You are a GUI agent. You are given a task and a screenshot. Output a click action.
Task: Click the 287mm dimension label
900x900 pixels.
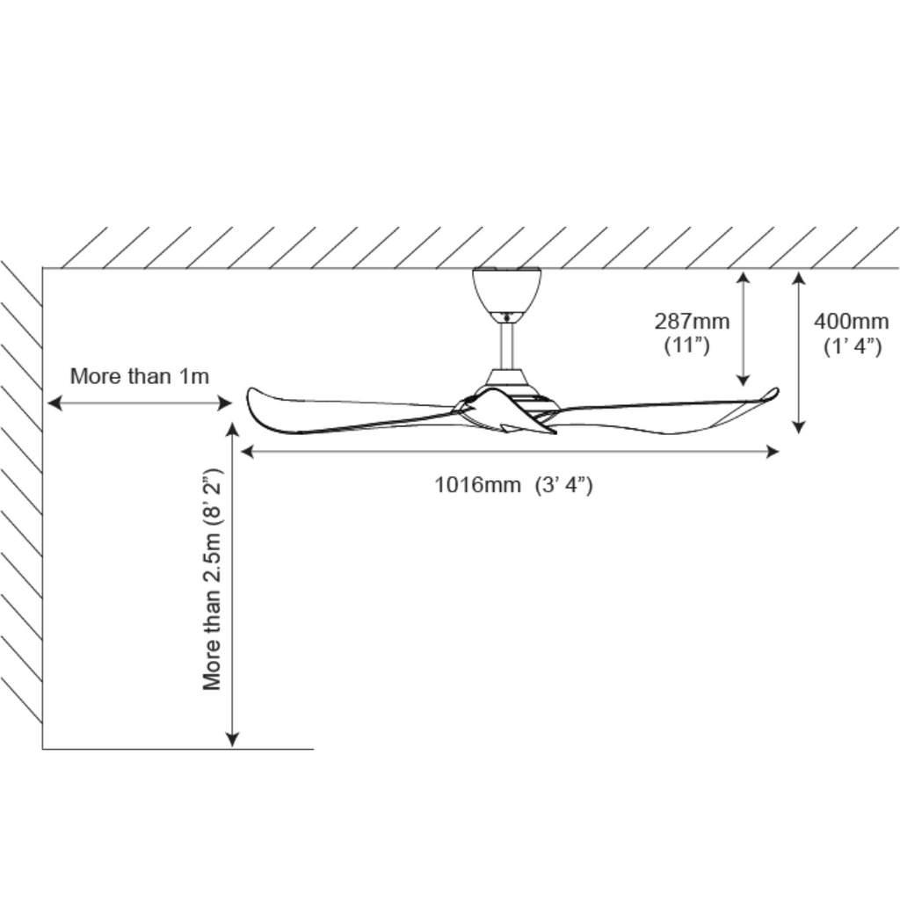[x=691, y=321]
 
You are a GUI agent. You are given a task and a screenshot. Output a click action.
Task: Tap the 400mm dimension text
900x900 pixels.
[x=851, y=321]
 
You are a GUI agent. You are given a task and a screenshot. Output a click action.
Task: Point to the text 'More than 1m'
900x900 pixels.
[x=140, y=376]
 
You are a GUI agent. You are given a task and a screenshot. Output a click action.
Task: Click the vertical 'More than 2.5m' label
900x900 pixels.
[x=213, y=580]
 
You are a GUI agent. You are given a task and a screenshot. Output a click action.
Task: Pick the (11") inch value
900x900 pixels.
[x=686, y=345]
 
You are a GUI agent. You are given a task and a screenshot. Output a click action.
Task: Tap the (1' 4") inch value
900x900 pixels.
[x=852, y=346]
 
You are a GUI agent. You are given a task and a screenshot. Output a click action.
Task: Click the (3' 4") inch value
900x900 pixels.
[x=563, y=484]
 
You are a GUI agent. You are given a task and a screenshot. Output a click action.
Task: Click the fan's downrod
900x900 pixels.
[x=507, y=345]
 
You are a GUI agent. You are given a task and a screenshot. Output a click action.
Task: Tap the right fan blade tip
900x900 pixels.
[x=773, y=393]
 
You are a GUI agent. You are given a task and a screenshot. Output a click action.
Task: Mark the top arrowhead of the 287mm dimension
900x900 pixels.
[x=743, y=278]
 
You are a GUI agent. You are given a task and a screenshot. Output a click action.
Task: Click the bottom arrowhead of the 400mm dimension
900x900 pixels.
[x=798, y=427]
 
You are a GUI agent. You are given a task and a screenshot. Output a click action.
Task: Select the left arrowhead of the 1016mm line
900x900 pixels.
[x=247, y=452]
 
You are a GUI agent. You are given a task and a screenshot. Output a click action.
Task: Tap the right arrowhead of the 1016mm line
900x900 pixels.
[x=773, y=452]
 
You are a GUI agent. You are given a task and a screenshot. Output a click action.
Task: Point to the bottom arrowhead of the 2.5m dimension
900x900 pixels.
[x=233, y=740]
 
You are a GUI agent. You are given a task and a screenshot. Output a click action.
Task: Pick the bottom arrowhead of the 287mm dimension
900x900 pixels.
[x=743, y=380]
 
